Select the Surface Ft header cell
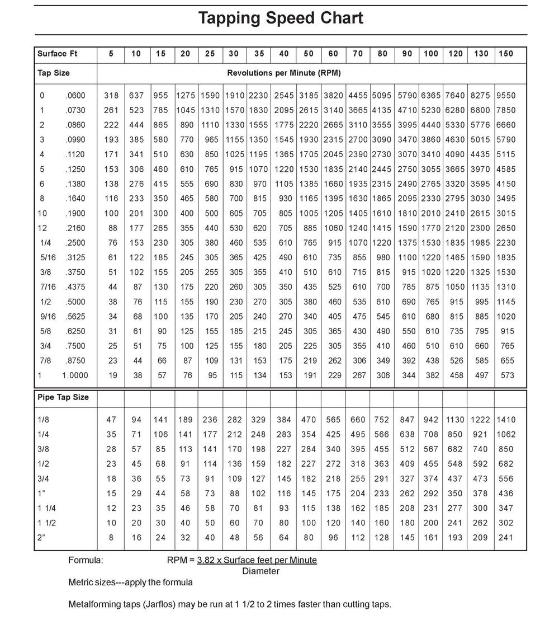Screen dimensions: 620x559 point(58,54)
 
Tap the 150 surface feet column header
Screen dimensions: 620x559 point(505,54)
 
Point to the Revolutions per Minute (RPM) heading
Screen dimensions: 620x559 point(283,73)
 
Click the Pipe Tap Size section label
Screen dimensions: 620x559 point(63,397)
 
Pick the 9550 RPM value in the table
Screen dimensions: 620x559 point(505,96)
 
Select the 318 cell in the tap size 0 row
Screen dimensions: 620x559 point(111,96)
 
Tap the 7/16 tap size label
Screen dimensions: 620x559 point(48,286)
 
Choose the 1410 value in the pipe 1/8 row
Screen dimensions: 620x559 point(505,420)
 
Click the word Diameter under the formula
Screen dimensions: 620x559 point(261,571)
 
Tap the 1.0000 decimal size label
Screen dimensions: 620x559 point(75,375)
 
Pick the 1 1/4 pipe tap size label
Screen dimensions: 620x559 point(48,508)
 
